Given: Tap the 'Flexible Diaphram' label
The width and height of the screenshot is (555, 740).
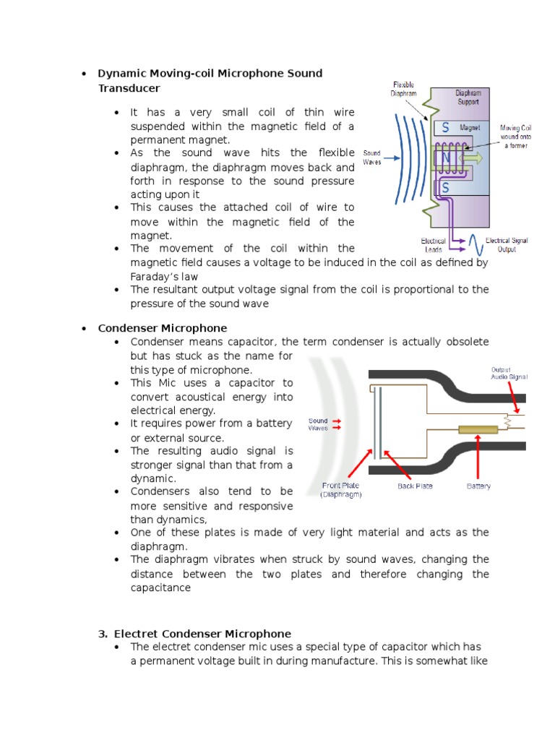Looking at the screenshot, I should coord(404,89).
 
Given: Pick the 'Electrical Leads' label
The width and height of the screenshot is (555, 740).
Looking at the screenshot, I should coord(434,245).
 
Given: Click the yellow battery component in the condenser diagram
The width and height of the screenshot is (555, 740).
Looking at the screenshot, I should coord(478,429).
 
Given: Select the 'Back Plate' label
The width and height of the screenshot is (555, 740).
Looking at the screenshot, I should coord(415,486).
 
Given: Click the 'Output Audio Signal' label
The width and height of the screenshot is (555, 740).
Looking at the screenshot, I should coord(509,373).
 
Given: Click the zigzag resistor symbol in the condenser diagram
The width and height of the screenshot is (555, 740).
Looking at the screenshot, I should coord(508,418).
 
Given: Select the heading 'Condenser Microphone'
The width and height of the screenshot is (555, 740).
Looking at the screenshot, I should coord(163,328).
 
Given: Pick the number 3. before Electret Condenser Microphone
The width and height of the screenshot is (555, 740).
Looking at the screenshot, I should coord(102,634).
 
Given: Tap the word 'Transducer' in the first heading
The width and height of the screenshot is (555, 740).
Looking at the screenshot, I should coord(129,88).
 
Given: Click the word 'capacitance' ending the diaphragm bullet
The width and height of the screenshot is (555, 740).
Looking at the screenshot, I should coord(160,588).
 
